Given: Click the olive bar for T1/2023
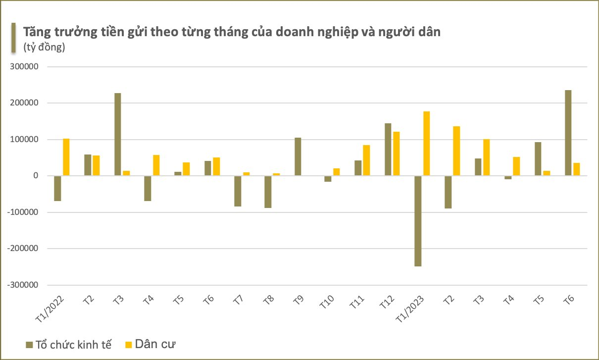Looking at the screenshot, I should pos(418,221).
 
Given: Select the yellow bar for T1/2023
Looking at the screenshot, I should pos(427,144).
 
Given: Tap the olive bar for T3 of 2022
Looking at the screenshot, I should pos(117,134).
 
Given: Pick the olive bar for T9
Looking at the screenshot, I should pos(298,156).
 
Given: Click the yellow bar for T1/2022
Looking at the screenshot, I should pos(66,157).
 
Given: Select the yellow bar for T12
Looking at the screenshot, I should pos(397,154).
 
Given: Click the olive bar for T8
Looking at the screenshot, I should pos(268,192).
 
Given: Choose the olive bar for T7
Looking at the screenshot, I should pos(238,191).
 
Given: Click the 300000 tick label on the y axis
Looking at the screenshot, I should pos(32,67).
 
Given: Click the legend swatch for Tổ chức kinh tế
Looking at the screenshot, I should pos(29,344).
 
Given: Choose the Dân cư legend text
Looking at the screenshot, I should pos(156,344).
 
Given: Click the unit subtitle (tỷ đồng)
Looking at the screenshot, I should pos(44,48).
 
